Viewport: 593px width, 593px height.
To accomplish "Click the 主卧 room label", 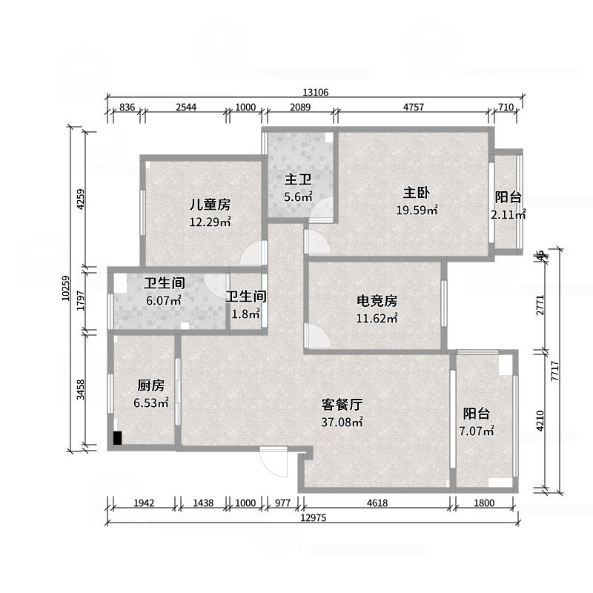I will [417, 191].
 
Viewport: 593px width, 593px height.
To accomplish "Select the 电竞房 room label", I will [377, 301].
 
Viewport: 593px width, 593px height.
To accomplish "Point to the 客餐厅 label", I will [342, 405].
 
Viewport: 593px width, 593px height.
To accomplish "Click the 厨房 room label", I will [151, 385].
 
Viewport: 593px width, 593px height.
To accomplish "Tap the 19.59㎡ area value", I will [417, 210].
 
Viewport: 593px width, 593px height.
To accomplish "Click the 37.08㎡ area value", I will [342, 423].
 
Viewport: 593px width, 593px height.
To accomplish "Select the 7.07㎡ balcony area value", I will [478, 431].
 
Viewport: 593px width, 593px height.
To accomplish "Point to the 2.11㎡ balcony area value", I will [508, 215].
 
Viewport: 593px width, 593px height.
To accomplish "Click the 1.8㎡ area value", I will [246, 314].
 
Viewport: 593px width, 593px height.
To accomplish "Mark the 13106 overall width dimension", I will [316, 93].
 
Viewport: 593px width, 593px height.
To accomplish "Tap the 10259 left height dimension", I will [65, 287].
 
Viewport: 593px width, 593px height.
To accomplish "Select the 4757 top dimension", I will [414, 107].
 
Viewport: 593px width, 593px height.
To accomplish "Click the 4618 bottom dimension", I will [377, 503].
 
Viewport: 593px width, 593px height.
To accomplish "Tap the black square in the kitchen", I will [117, 438].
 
